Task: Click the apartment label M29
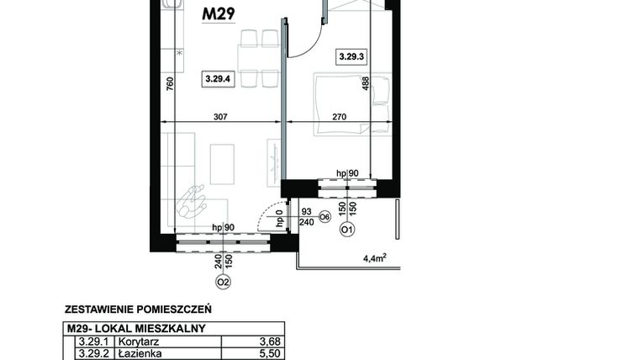pyautogui.click(x=218, y=13)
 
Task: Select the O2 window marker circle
pyautogui.click(x=223, y=282)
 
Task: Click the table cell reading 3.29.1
pyautogui.click(x=90, y=341)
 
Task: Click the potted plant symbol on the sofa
pyautogui.click(x=194, y=202)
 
